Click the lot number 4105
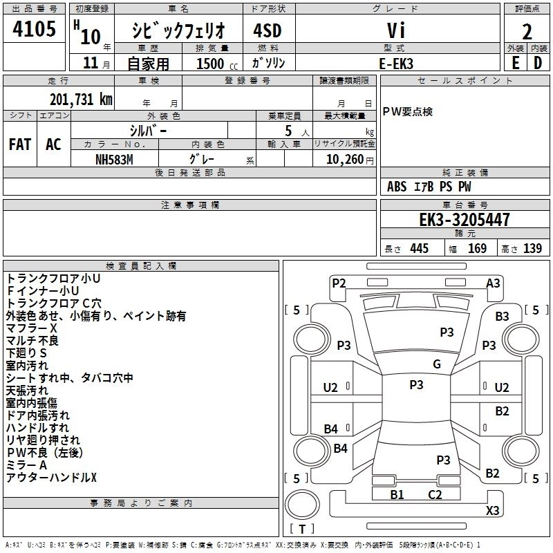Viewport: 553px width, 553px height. point(35,30)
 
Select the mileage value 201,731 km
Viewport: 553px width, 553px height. point(81,99)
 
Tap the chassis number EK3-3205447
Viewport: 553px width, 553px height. point(465,220)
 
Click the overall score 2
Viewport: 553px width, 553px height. point(527,31)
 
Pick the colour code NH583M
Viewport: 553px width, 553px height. point(114,159)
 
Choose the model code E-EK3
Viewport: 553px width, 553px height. point(396,62)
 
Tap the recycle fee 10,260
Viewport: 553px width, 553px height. point(344,159)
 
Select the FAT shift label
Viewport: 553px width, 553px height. point(20,144)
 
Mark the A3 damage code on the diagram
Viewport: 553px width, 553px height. point(493,283)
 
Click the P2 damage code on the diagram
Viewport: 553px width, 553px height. point(339,283)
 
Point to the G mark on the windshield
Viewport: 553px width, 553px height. point(436,364)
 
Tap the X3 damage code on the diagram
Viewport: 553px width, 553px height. point(492,511)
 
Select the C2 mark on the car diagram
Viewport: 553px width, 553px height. point(435,494)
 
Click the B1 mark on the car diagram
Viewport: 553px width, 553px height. point(397,494)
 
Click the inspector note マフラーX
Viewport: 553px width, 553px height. point(31,328)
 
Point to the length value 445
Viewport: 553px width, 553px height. point(419,249)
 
